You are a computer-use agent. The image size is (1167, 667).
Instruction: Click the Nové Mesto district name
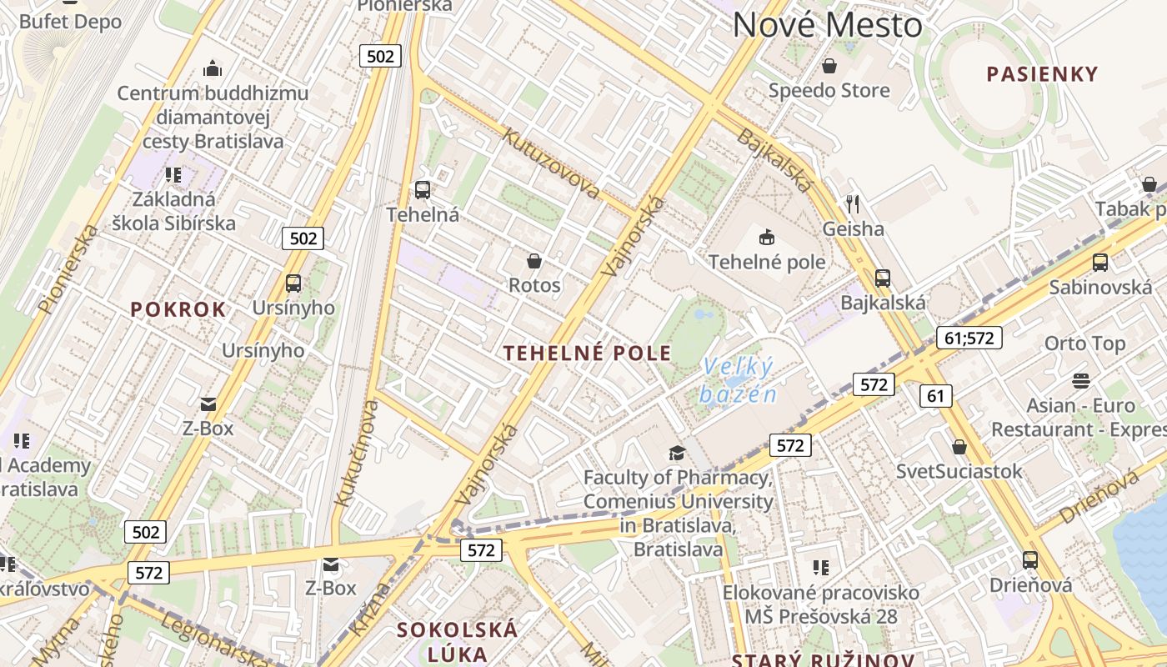click(x=828, y=25)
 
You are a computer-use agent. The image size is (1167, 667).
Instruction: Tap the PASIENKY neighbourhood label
click(x=1042, y=74)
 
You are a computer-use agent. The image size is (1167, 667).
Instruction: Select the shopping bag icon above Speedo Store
click(x=829, y=66)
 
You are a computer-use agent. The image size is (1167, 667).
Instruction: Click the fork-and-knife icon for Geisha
click(x=852, y=204)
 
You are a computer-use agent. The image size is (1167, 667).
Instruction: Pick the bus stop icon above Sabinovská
click(x=1100, y=263)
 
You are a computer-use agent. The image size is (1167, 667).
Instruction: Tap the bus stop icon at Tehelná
click(x=423, y=190)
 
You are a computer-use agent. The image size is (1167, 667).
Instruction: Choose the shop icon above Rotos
click(x=534, y=261)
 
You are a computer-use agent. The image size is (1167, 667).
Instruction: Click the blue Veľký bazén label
click(x=739, y=379)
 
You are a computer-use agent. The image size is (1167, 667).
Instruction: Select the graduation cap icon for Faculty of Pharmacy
click(x=677, y=453)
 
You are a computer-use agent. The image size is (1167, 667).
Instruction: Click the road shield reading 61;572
click(x=969, y=338)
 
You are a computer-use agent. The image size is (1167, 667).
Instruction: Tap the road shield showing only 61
click(x=935, y=395)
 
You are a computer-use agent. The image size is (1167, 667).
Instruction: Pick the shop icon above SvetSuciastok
click(x=959, y=447)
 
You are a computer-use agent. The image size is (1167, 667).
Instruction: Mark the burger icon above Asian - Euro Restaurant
click(x=1081, y=381)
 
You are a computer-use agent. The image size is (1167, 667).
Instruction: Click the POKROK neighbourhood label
click(x=178, y=309)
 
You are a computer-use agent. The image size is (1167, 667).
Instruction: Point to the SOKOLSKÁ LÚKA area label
click(x=457, y=641)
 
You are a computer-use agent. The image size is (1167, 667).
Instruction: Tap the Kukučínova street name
click(x=356, y=453)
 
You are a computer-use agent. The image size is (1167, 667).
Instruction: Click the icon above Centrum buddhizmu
click(x=213, y=68)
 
